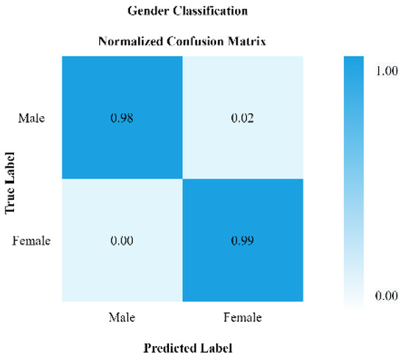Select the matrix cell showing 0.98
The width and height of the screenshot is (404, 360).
pos(123,119)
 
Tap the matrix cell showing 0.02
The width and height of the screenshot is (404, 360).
pos(243,119)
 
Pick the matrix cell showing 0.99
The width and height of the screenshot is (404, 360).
pos(243,240)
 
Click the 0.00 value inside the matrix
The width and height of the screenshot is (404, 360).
pos(123,240)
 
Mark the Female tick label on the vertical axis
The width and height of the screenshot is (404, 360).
pos(31,240)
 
